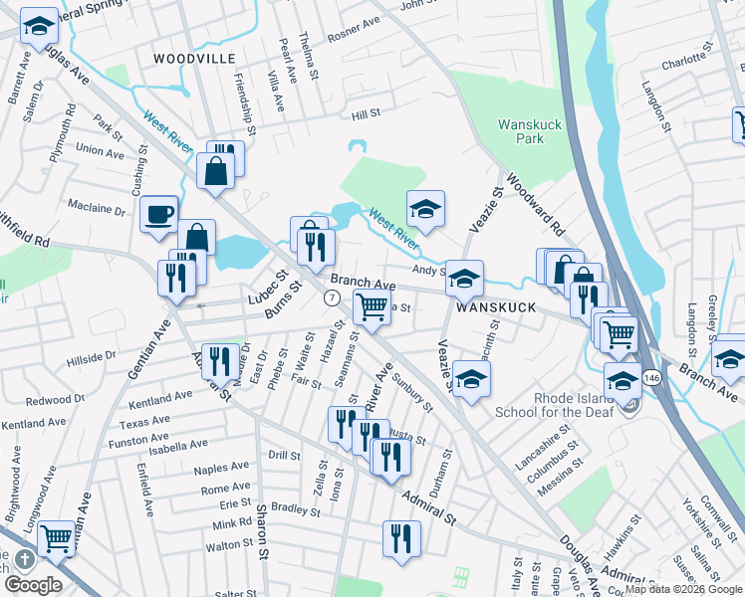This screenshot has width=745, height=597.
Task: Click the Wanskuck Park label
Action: point(521,131)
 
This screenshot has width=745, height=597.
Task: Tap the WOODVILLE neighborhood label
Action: point(194,60)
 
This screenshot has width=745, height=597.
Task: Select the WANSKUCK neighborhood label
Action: point(496,308)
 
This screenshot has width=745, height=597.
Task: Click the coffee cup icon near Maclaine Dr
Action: point(158,215)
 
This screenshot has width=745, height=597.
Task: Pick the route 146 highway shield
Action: point(649,377)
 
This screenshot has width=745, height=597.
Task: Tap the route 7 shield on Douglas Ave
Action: point(334,298)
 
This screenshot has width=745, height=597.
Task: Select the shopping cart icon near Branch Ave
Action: point(372,307)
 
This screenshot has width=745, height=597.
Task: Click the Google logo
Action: point(33,585)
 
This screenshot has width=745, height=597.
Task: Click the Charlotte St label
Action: point(683,61)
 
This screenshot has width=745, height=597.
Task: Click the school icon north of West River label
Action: point(425,209)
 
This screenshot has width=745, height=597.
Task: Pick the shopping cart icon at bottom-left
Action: point(57,538)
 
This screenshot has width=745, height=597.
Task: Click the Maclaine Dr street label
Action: point(96,211)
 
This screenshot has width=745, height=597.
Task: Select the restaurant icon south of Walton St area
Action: point(401,539)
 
